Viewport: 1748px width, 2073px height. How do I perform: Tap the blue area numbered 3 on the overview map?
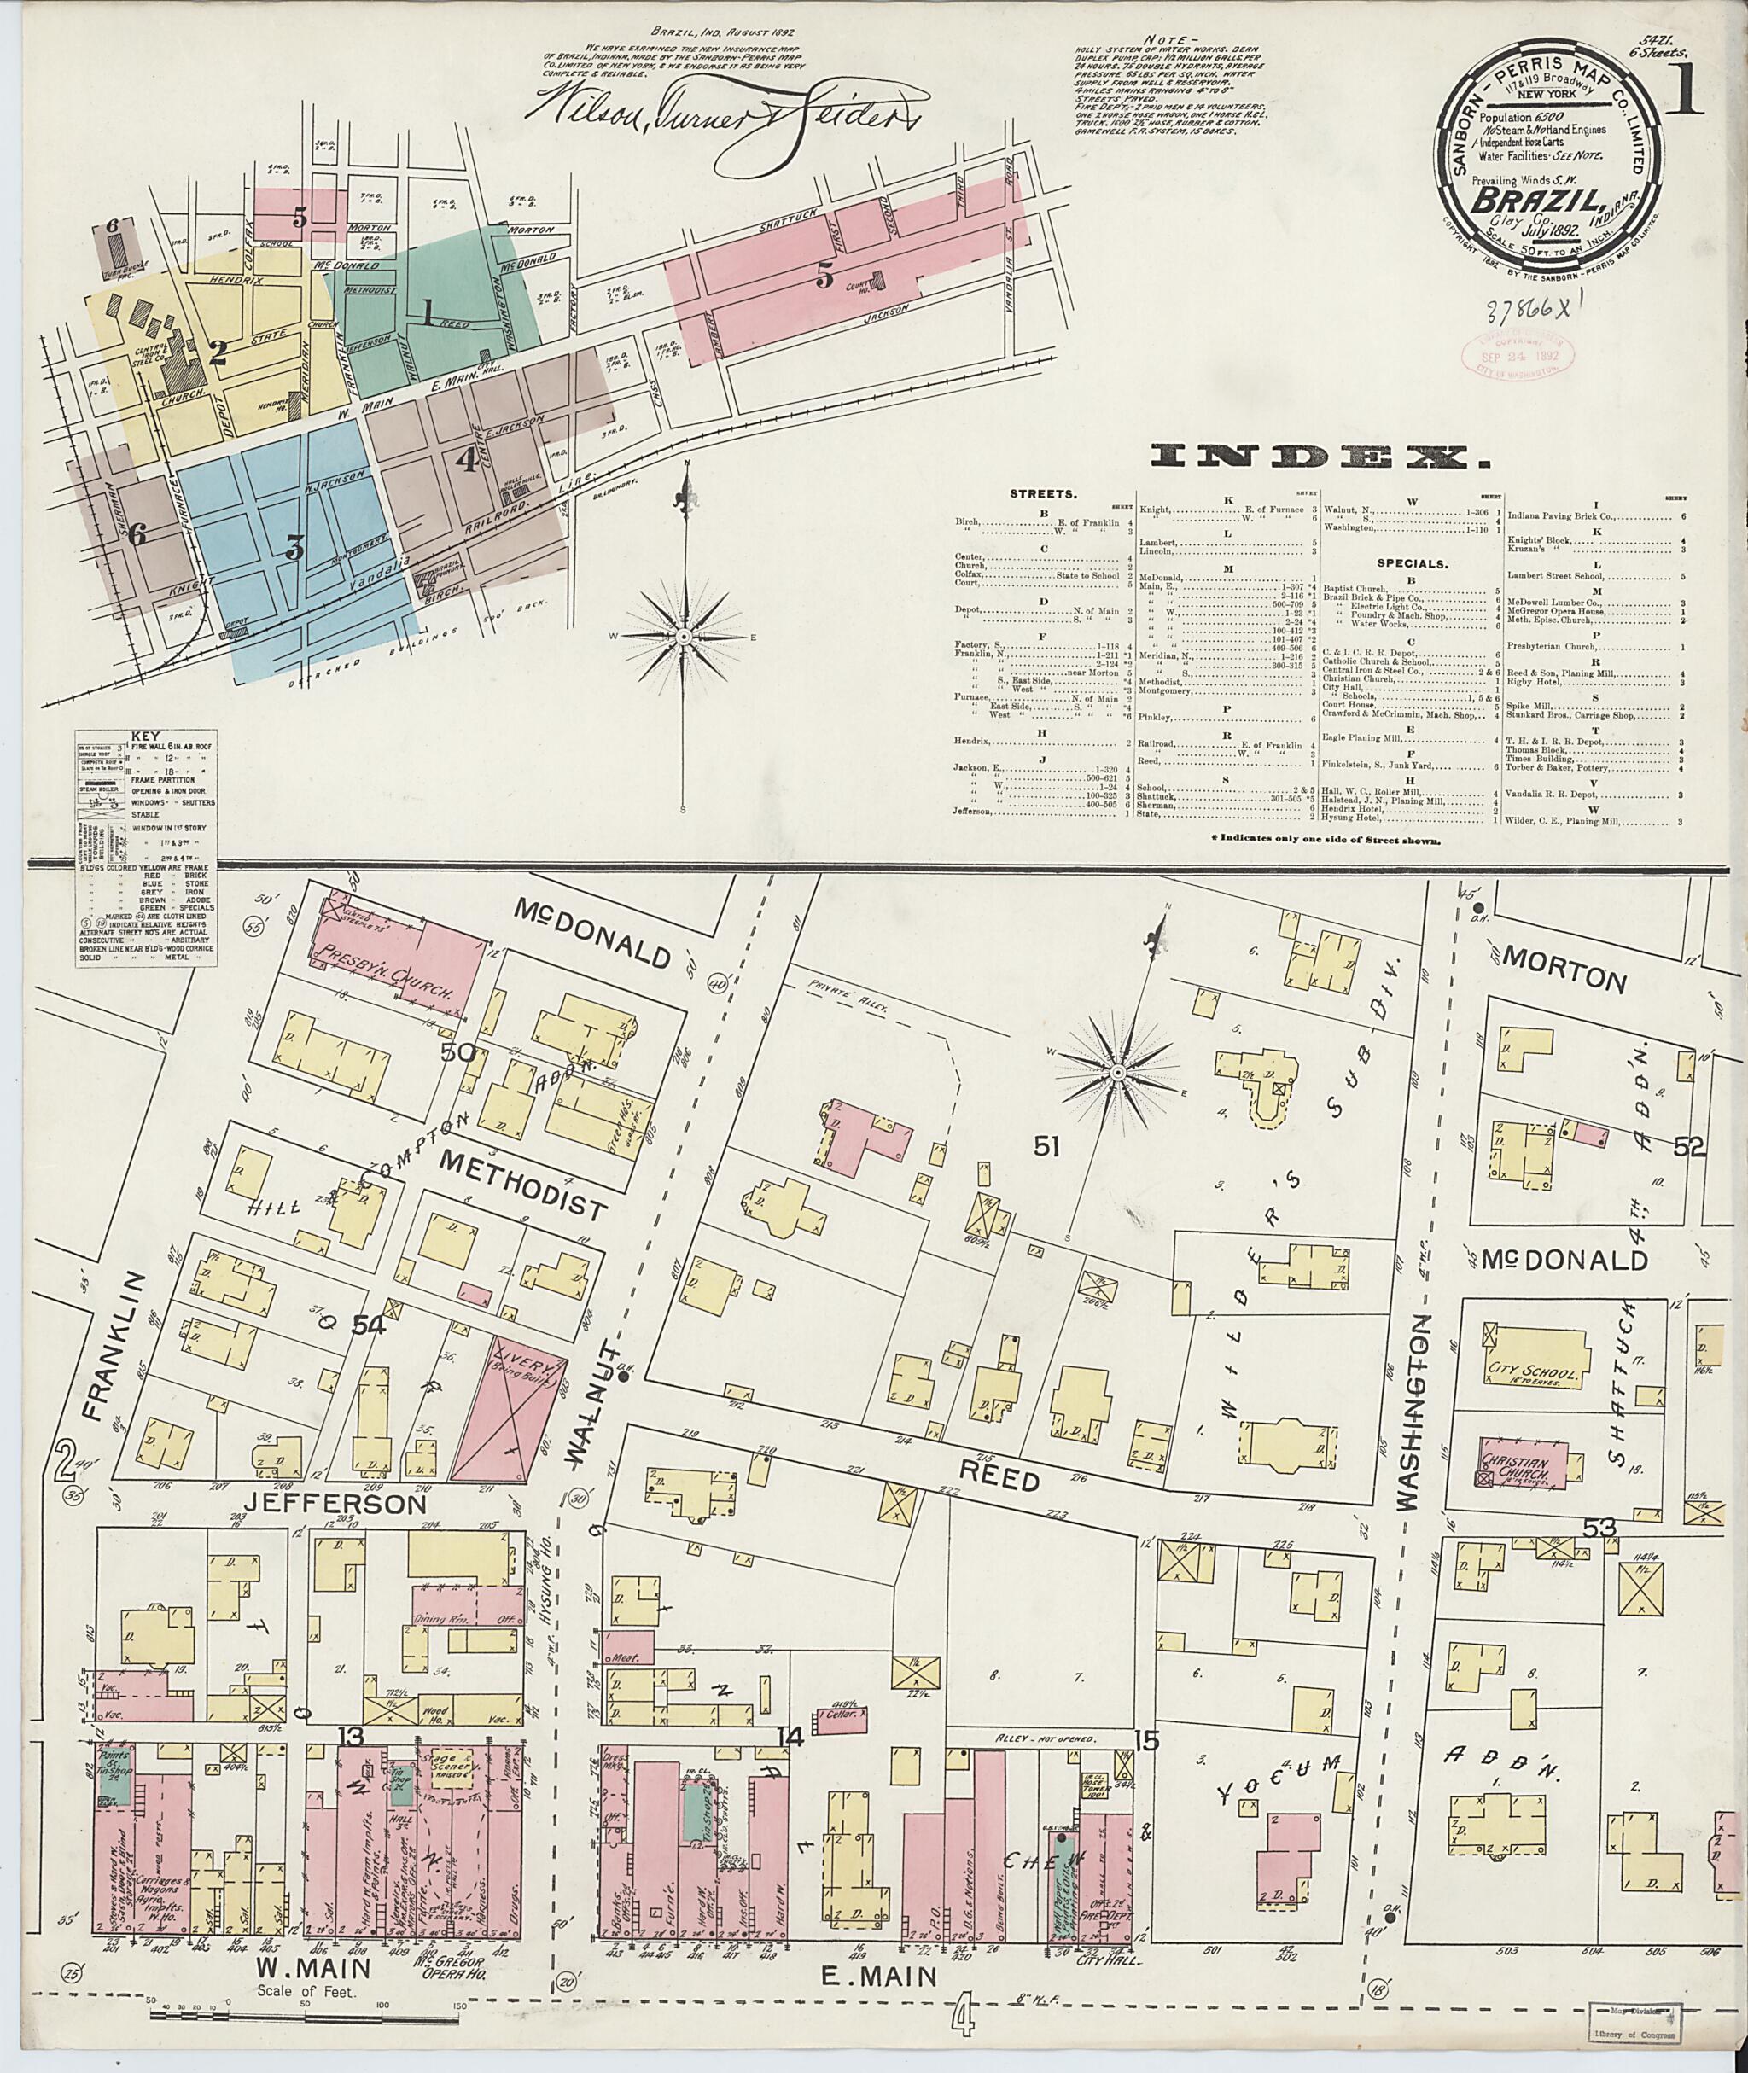[294, 547]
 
